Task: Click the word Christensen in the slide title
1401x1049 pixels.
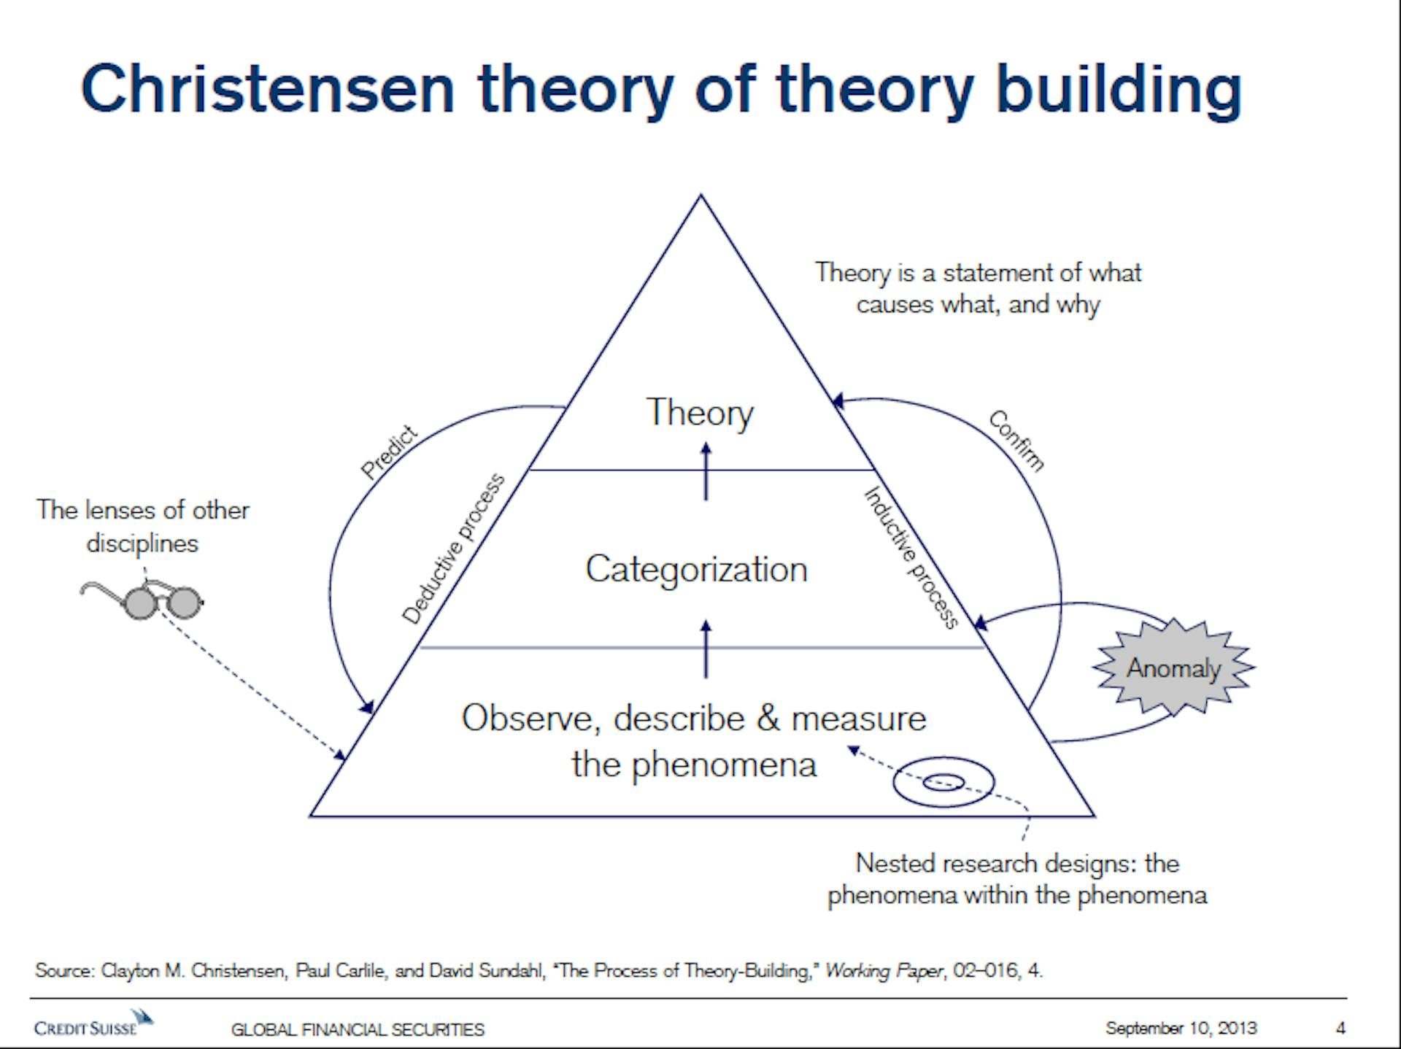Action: pos(269,89)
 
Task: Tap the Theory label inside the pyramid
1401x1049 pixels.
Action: pos(700,414)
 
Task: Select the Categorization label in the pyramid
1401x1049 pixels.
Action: pos(697,570)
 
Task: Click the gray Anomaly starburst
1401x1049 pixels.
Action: pos(1173,667)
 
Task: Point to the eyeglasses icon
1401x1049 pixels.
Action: pos(142,600)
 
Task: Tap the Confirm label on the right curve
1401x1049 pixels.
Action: pos(1016,441)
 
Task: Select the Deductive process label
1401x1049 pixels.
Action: pos(453,549)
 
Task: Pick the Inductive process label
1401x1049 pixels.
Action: pos(911,557)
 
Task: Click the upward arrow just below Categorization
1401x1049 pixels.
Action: pos(706,649)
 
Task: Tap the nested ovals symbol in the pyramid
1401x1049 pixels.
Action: pos(943,783)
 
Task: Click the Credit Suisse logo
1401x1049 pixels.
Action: pos(93,1023)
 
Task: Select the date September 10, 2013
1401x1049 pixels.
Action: pos(1181,1029)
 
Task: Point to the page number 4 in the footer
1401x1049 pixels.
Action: pos(1340,1029)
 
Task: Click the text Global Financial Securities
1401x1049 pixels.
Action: pos(358,1029)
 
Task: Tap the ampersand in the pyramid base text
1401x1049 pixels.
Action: pos(768,719)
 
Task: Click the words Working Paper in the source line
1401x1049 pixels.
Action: pos(884,971)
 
